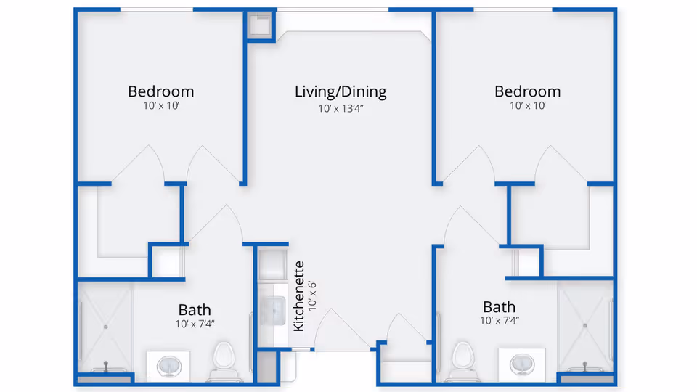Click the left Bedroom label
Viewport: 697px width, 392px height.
pyautogui.click(x=160, y=91)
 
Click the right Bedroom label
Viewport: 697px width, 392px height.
pyautogui.click(x=527, y=91)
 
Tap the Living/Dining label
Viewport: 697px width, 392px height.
pyautogui.click(x=341, y=91)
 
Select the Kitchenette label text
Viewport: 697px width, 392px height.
pyautogui.click(x=298, y=296)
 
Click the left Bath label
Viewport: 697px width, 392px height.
pyautogui.click(x=195, y=310)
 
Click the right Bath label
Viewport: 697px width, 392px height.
pyautogui.click(x=499, y=306)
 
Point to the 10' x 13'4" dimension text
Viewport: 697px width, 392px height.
pyautogui.click(x=341, y=108)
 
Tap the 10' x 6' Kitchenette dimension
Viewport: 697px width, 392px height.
pyautogui.click(x=312, y=296)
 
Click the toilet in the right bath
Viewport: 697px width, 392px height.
pyautogui.click(x=462, y=357)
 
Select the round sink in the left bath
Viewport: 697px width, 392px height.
pyautogui.click(x=168, y=364)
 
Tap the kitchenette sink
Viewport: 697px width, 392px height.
pyautogui.click(x=275, y=311)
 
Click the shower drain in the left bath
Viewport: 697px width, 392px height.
pyautogui.click(x=106, y=327)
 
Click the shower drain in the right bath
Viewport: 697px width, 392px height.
pyautogui.click(x=585, y=326)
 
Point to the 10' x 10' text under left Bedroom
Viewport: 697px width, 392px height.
pyautogui.click(x=160, y=106)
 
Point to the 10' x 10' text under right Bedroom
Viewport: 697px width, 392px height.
pyautogui.click(x=527, y=106)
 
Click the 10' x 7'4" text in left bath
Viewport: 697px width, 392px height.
pyautogui.click(x=195, y=324)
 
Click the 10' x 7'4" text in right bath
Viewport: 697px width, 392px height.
pyautogui.click(x=499, y=320)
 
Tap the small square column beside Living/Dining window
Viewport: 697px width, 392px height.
pyautogui.click(x=259, y=25)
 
